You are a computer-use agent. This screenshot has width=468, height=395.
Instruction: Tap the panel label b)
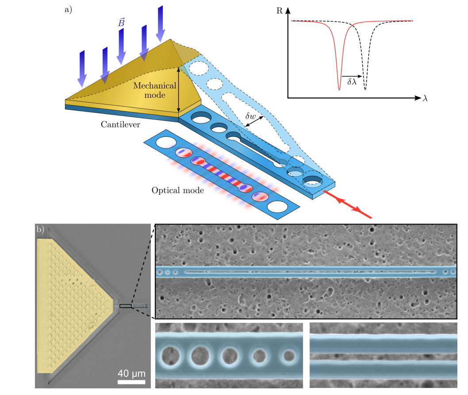[x=40, y=229]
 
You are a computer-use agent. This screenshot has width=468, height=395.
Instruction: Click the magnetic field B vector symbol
[x=121, y=23]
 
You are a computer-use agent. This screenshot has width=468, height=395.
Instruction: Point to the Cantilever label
[x=120, y=125]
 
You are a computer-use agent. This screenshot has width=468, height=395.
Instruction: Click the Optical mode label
[x=177, y=190]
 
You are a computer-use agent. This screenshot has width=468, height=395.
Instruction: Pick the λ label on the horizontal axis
[x=425, y=99]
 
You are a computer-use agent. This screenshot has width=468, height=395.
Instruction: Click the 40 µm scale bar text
[x=131, y=372]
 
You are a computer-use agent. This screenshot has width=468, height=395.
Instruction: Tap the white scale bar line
[x=131, y=381]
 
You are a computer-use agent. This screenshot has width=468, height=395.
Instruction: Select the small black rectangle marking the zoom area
[x=126, y=306]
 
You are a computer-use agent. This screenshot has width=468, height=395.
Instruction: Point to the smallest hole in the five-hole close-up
[x=289, y=356]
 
